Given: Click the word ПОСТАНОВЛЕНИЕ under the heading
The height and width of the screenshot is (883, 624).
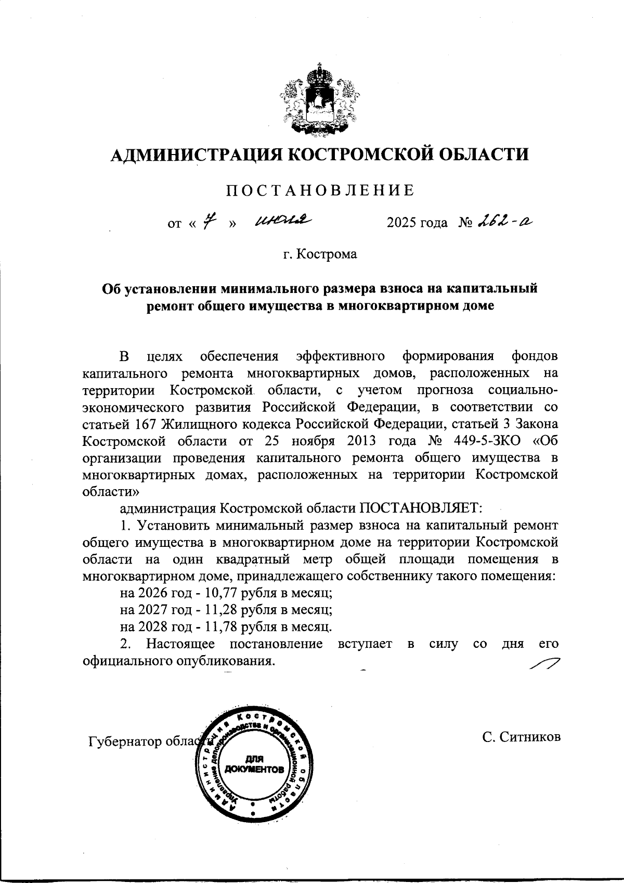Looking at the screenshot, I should coord(320,190).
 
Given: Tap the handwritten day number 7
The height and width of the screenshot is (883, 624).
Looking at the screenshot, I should coord(210,223).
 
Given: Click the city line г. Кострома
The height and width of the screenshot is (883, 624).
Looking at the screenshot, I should coord(320,255).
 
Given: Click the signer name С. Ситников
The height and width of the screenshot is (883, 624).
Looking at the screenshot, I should coord(521,737).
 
